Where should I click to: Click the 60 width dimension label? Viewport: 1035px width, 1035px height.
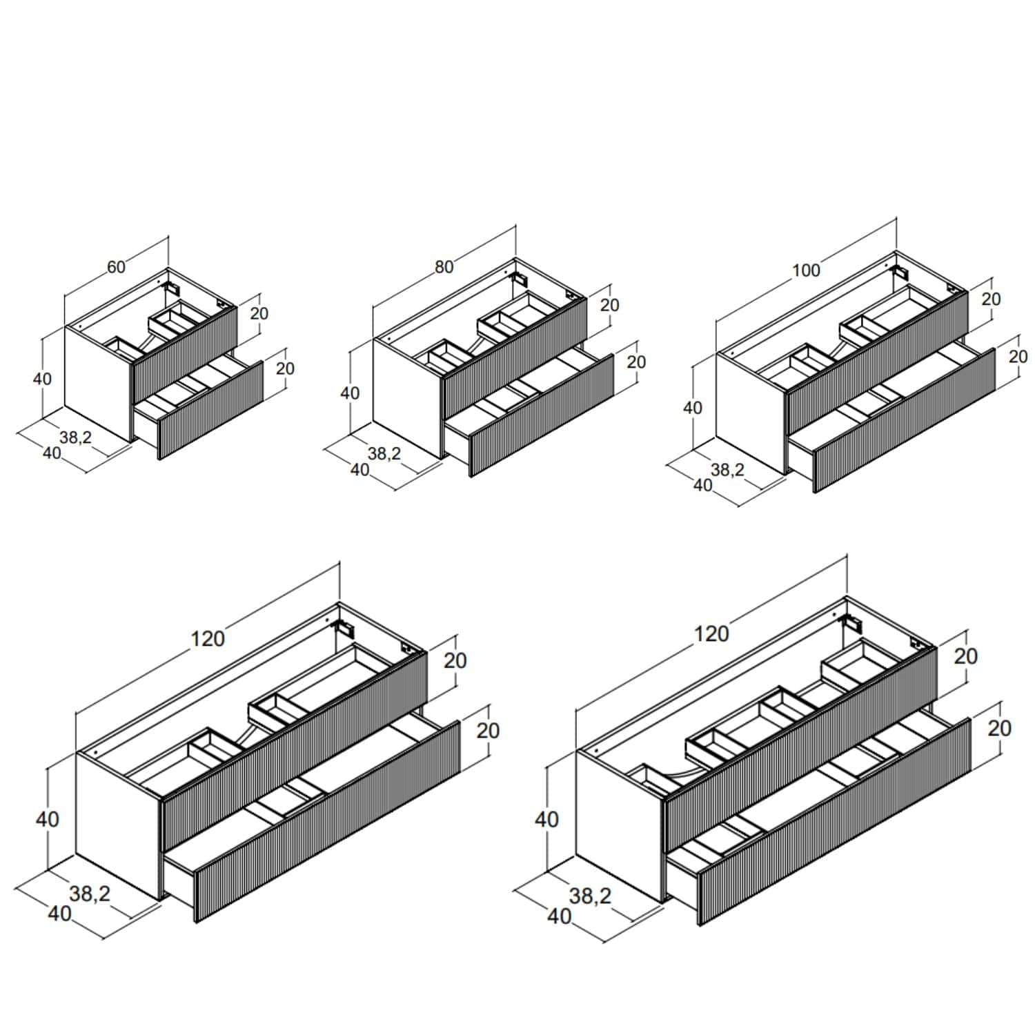[116, 267]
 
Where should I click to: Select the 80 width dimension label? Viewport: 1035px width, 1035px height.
[444, 267]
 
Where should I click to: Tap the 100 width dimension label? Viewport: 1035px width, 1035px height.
[806, 270]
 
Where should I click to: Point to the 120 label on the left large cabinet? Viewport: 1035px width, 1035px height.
[208, 639]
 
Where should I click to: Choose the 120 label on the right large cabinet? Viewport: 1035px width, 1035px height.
[711, 633]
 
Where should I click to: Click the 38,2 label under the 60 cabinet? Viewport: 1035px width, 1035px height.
[75, 437]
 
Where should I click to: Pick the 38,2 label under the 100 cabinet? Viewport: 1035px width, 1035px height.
[728, 470]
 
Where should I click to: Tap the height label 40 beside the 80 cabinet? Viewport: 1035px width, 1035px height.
[350, 393]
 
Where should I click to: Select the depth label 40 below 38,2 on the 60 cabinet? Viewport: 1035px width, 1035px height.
[52, 453]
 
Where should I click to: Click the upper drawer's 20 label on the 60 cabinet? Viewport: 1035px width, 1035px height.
[259, 313]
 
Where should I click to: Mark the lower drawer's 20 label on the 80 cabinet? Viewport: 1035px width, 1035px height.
[636, 362]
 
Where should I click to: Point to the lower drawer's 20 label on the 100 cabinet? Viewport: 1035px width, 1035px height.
[1018, 357]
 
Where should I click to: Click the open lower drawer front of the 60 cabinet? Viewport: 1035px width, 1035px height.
[211, 410]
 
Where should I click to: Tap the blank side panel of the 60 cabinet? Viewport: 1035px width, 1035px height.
[97, 383]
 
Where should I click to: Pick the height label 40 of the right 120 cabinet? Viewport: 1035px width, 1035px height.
[547, 820]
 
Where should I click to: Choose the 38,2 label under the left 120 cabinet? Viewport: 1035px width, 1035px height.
[90, 894]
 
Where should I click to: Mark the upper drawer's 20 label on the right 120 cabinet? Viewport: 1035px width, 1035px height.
[966, 656]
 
